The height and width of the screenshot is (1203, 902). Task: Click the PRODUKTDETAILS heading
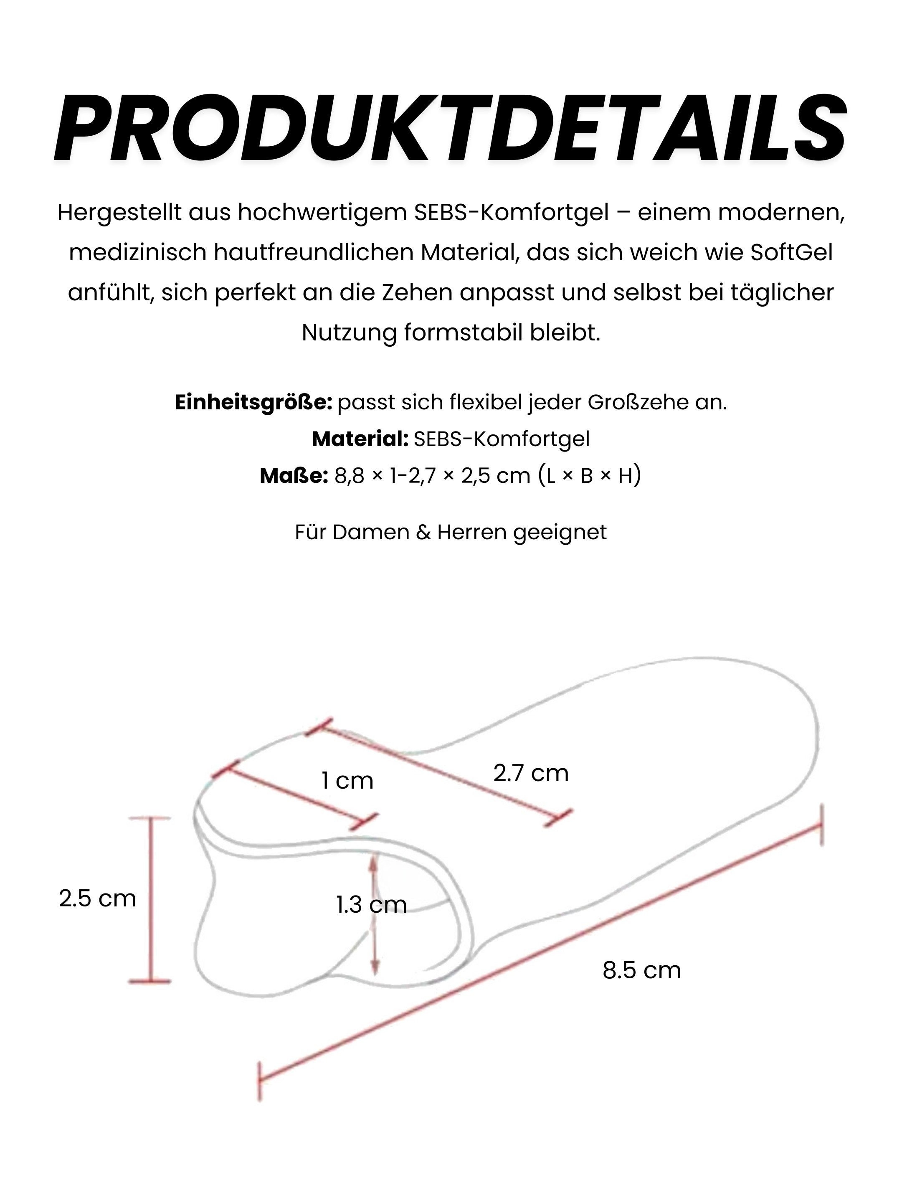click(x=450, y=130)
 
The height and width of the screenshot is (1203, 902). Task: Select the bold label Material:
click(x=360, y=439)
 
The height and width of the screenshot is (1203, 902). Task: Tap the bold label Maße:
click(x=294, y=476)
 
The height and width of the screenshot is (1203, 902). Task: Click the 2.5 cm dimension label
click(x=97, y=898)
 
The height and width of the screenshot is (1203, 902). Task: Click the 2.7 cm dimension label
click(x=531, y=773)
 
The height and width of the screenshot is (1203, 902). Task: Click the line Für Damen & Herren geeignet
click(x=450, y=532)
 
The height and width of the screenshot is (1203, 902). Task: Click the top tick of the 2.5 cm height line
click(x=149, y=818)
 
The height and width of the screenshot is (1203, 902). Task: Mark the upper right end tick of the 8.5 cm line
click(x=821, y=825)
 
